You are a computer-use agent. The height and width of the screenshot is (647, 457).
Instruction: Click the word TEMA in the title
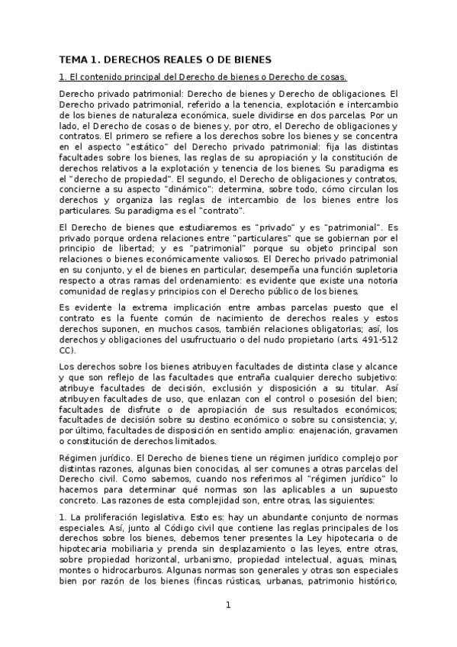[74, 59]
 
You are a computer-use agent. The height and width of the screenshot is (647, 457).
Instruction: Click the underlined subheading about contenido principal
[203, 76]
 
